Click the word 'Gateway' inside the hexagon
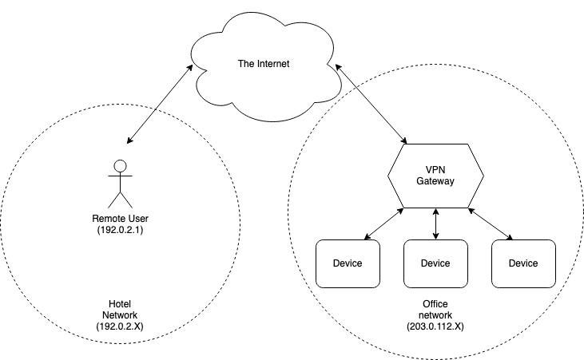click(435, 182)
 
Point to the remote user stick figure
click(120, 184)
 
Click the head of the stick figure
click(120, 166)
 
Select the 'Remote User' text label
click(121, 218)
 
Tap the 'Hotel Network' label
click(124, 309)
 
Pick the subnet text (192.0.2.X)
click(124, 326)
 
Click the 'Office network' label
click(435, 309)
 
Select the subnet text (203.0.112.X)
click(435, 326)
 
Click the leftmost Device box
click(348, 263)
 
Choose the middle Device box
click(435, 263)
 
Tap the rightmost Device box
click(523, 263)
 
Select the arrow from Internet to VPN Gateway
click(371, 105)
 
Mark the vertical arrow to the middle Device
click(435, 224)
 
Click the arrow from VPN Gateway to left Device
click(385, 224)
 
